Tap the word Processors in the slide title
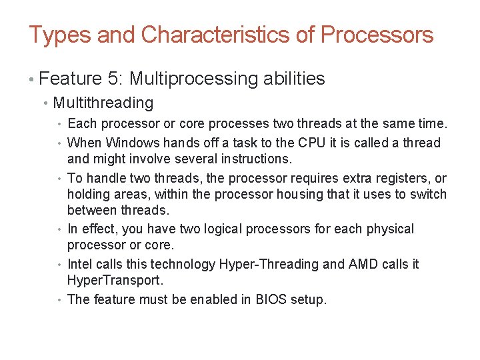pos(377,35)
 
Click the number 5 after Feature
pos(113,79)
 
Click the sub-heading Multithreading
pos(103,103)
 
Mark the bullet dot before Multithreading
pos(45,103)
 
